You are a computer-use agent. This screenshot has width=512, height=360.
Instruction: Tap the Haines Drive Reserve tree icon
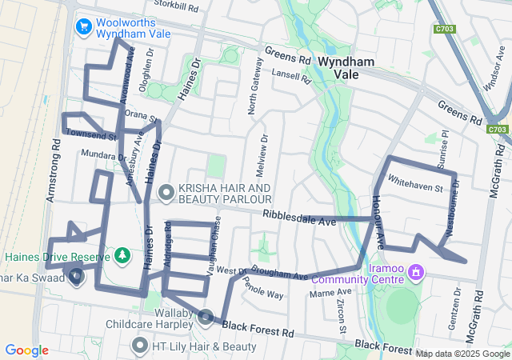click(122, 255)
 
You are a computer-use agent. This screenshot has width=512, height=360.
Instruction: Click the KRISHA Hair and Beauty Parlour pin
click(166, 192)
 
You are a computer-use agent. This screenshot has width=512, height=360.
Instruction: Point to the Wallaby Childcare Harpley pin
click(205, 318)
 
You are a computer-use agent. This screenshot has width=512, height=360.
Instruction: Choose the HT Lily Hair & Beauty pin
click(140, 346)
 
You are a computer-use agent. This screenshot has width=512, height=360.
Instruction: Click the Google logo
click(26, 350)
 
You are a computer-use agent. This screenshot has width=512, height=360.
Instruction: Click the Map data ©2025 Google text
click(462, 354)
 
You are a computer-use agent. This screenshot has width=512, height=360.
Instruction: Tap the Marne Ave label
click(325, 294)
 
